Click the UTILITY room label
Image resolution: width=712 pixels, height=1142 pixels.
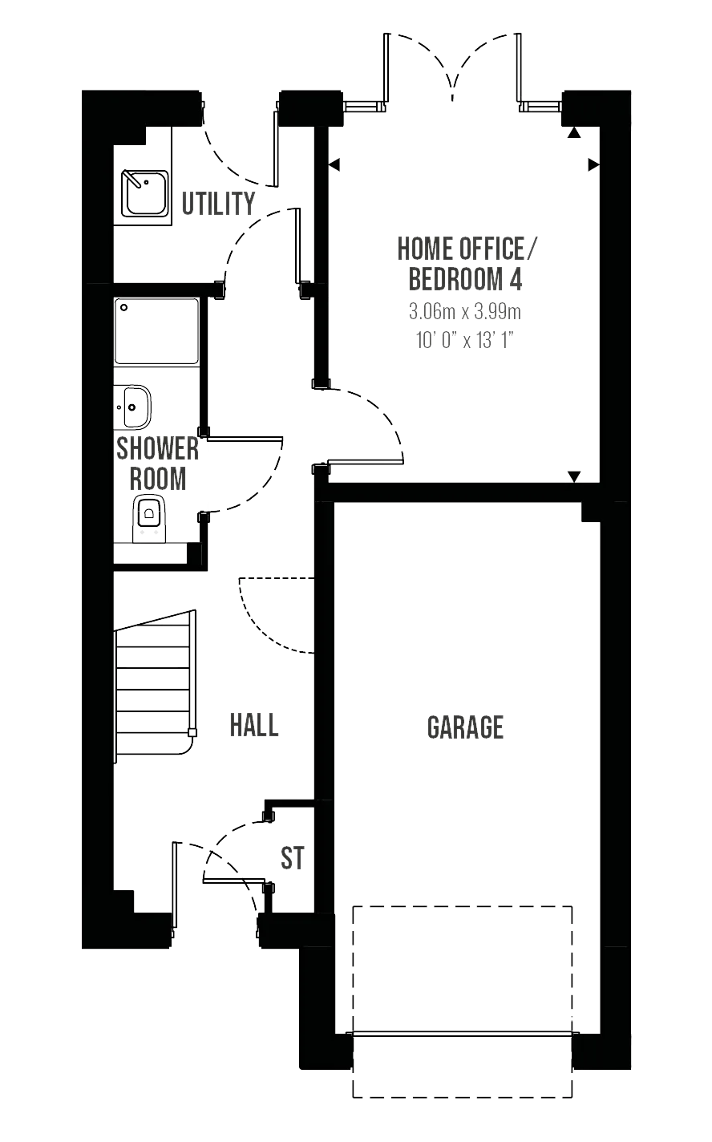217,204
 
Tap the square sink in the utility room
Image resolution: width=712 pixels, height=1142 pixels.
144,193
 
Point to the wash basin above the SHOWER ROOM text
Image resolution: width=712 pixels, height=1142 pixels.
138,407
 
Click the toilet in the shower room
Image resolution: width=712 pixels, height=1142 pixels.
148,513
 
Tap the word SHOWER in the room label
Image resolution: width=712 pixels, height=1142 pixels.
157,449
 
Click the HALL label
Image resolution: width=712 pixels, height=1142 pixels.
255,726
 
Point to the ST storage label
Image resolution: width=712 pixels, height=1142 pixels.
290,860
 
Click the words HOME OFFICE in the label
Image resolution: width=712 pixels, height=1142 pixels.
467,249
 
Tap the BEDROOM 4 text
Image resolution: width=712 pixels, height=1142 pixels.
467,280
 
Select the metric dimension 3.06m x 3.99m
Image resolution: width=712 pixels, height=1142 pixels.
467,311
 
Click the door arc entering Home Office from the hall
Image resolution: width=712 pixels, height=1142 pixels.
377,413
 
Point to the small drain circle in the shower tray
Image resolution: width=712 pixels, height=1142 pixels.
123,306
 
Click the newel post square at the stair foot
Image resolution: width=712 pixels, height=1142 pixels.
192,731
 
